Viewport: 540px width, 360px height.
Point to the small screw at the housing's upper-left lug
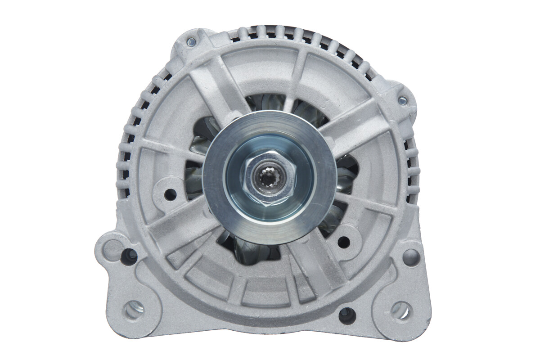pyautogui.click(x=191, y=42)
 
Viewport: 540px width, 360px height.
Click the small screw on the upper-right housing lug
pyautogui.click(x=403, y=100)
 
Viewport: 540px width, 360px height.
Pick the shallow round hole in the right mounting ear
pyautogui.click(x=411, y=257)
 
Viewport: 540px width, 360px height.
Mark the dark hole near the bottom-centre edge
pyautogui.click(x=347, y=315)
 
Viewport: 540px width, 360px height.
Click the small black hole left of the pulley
pyautogui.click(x=170, y=194)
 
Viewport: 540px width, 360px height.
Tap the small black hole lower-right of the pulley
pyautogui.click(x=343, y=242)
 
